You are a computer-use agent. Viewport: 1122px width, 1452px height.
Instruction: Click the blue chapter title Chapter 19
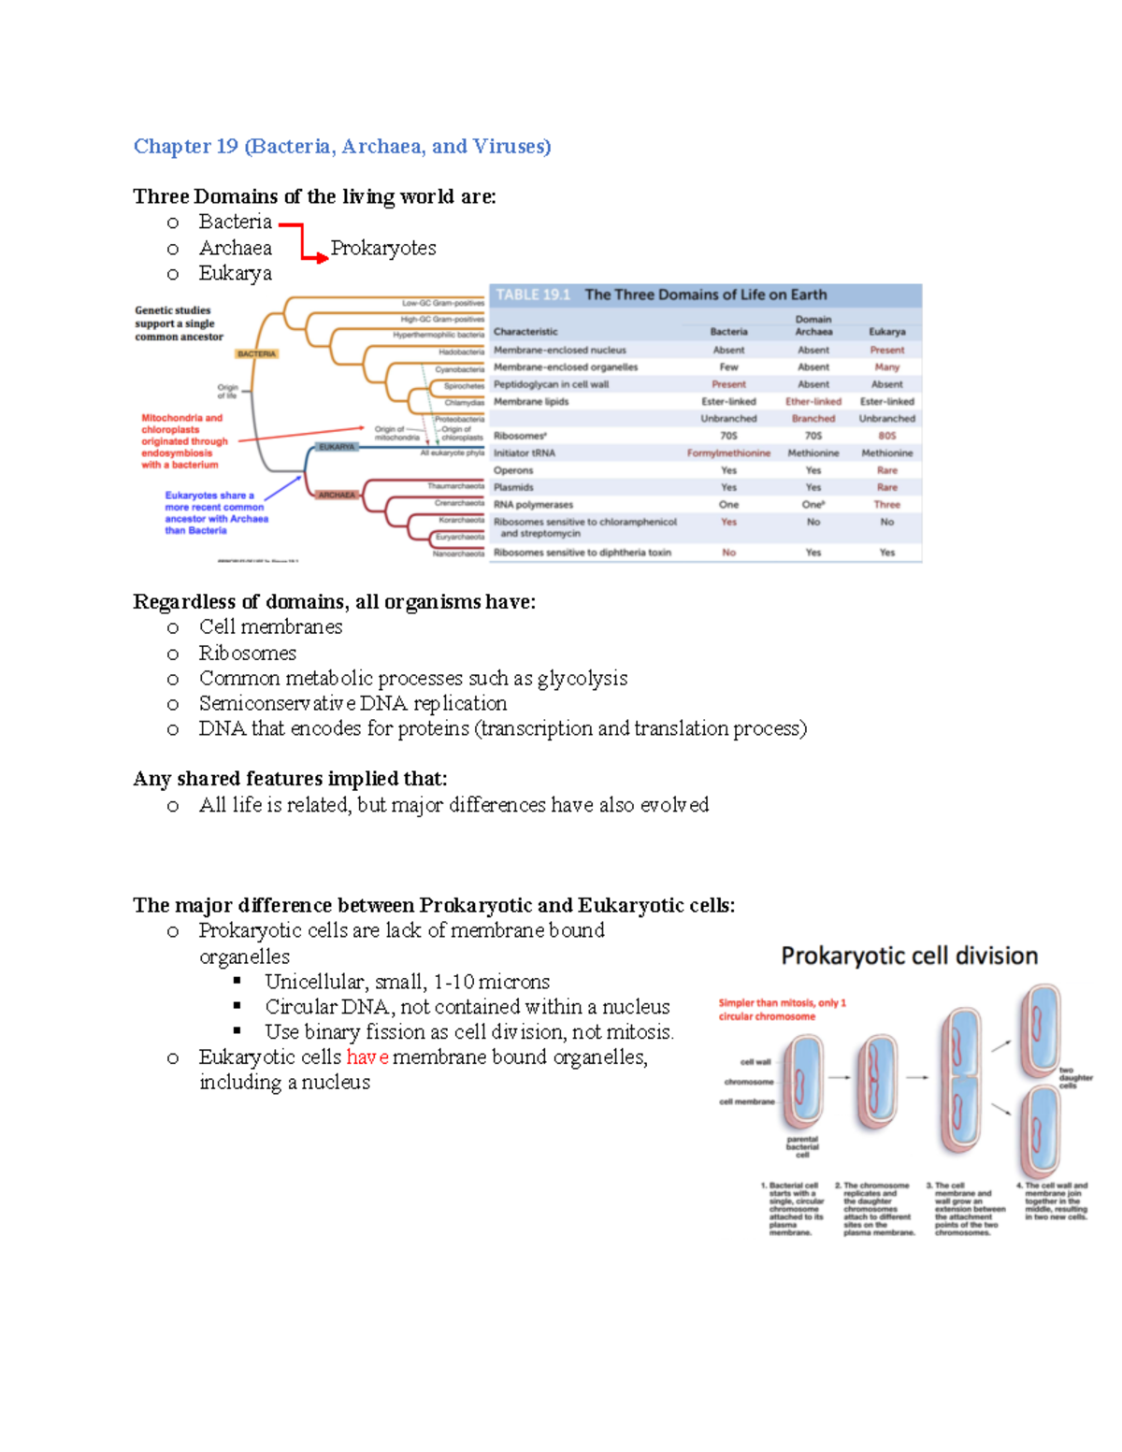coord(341,146)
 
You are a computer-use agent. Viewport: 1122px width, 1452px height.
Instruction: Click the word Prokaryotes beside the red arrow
coord(383,248)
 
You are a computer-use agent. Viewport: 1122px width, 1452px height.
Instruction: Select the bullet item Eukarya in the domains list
coord(235,273)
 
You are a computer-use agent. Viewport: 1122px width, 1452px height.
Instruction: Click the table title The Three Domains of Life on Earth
coord(705,295)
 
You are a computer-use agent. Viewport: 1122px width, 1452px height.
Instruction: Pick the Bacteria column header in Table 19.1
coord(728,332)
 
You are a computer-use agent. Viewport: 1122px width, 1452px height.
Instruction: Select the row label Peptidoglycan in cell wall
coord(551,384)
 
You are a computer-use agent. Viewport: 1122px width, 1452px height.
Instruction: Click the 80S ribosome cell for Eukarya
coord(886,436)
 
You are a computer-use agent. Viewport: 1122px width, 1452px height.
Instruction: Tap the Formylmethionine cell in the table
coord(728,453)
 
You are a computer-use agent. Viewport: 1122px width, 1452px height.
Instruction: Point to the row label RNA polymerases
coord(533,505)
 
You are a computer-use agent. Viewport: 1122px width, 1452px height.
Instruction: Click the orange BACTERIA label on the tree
coord(256,354)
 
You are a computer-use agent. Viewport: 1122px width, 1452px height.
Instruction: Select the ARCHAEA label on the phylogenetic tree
coord(336,495)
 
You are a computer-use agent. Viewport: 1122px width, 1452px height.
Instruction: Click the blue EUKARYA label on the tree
coord(337,447)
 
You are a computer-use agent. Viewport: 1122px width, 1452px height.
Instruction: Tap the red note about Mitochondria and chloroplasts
coord(184,441)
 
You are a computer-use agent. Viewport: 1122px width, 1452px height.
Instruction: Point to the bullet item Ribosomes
coord(247,653)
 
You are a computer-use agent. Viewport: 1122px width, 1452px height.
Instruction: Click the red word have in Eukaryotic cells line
coord(367,1057)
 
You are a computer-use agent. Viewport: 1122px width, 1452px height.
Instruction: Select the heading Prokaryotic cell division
coord(909,956)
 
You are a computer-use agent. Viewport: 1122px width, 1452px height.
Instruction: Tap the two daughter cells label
coord(1074,1078)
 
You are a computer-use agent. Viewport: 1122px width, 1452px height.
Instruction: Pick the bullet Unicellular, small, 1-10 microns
coord(407,982)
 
